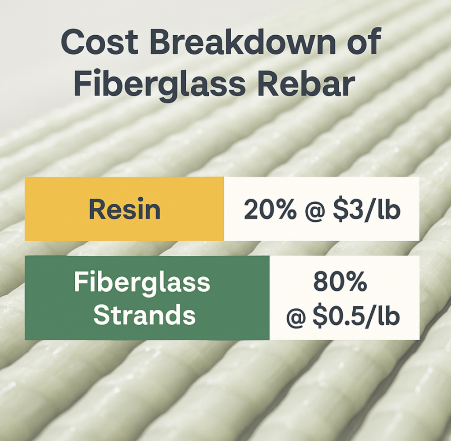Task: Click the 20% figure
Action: (270, 209)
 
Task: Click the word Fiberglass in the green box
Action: (142, 283)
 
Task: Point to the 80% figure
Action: (340, 283)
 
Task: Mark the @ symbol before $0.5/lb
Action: (296, 316)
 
